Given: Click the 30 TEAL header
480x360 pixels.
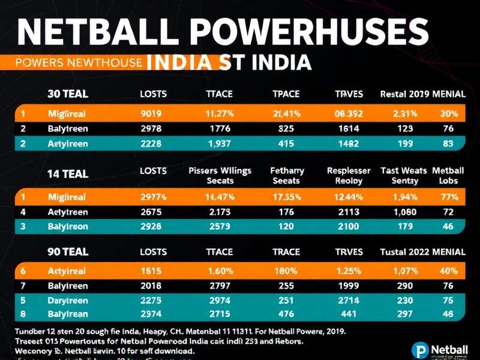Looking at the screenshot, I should (68, 94).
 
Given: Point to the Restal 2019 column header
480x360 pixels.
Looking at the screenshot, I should (406, 94).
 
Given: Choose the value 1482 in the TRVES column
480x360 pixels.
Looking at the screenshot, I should (348, 144).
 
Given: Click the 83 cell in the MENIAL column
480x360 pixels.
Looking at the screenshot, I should (448, 144).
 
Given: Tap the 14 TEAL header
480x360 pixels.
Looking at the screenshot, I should (68, 174).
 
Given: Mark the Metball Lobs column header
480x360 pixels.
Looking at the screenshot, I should (448, 175).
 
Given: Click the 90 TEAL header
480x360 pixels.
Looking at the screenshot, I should (68, 252).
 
